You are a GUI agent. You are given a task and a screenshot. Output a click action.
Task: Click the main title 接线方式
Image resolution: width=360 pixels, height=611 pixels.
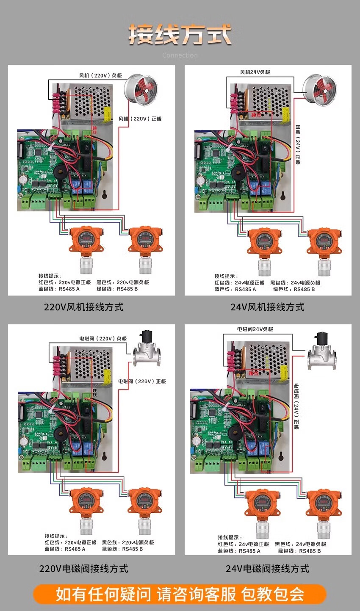180,34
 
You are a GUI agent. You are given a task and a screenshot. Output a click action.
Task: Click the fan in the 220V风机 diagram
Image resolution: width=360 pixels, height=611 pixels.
140,89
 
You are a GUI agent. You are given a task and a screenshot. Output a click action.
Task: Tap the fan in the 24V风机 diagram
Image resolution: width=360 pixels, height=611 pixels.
319,90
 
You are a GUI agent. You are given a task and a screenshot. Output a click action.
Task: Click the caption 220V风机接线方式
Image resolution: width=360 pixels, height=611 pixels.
83,307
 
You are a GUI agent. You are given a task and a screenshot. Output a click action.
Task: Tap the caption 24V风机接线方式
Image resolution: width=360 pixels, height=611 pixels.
267,307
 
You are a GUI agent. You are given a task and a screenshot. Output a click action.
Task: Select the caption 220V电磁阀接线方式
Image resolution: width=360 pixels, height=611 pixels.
83,569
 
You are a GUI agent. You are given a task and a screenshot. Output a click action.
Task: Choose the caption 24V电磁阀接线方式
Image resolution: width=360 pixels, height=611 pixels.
267,569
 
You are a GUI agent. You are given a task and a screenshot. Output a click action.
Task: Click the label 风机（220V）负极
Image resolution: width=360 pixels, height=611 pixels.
101,76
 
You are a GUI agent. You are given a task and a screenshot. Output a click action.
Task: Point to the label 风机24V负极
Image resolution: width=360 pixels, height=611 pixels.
255,72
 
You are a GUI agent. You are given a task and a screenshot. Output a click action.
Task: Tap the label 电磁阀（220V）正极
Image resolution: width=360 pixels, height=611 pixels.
142,382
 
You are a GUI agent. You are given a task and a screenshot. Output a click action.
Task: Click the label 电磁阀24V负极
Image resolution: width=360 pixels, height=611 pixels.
255,329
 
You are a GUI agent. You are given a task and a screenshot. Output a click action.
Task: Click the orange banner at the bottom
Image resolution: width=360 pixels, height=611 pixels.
180,594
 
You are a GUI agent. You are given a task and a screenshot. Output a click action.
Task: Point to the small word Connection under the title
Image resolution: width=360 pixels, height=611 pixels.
180,55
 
